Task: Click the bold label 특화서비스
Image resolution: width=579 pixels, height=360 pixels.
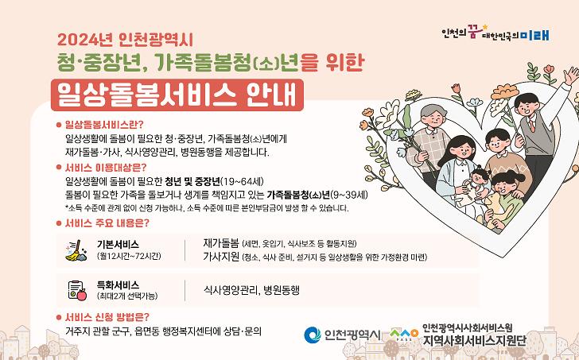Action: [117, 283]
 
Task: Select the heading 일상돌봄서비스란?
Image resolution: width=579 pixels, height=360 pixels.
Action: [105, 125]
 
